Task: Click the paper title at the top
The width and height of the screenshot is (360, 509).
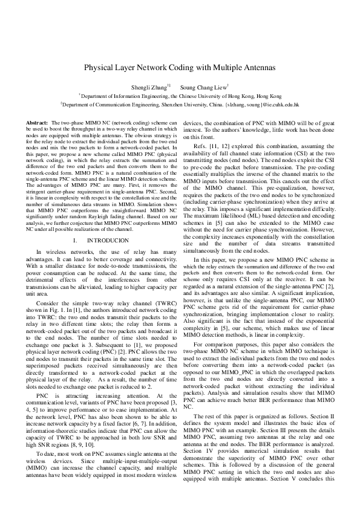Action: pos(180,68)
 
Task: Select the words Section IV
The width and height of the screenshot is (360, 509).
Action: pos(202,478)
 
